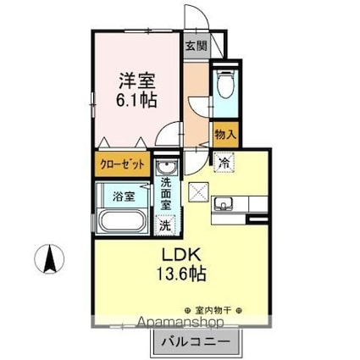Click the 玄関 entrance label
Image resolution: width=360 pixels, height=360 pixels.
tap(195, 47)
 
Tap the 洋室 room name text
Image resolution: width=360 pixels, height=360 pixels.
tap(136, 82)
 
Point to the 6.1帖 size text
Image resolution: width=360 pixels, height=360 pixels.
tap(136, 101)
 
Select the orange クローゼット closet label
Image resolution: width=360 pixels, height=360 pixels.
tap(123, 164)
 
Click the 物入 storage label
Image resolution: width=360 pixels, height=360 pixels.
tap(224, 135)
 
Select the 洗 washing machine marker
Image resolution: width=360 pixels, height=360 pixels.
tap(166, 226)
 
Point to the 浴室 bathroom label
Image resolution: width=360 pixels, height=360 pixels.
tap(124, 197)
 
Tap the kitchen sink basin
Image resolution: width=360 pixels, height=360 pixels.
tap(225, 203)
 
